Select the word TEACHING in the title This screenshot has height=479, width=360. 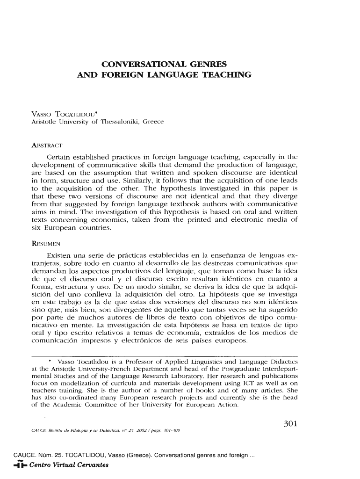(230, 74)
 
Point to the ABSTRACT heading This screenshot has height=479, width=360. (47, 144)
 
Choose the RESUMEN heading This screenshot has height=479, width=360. (46, 244)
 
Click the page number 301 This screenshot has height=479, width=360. (291, 425)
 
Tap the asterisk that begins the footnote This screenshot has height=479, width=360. (50, 362)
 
